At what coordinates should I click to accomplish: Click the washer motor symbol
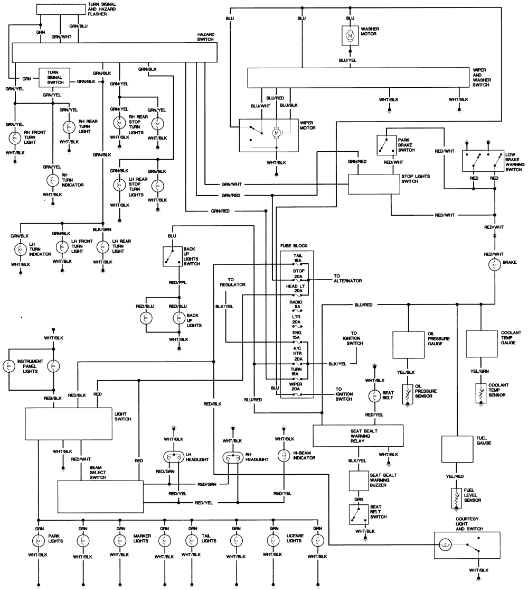click(350, 35)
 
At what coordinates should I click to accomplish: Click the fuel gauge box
click(456, 449)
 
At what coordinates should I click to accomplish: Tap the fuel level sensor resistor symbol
click(456, 497)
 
